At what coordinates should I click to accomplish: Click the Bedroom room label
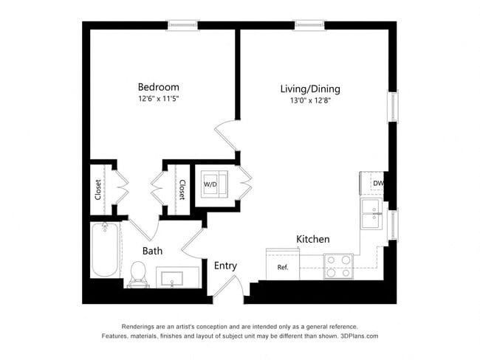click(x=159, y=87)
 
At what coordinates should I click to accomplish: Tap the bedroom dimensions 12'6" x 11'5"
click(x=159, y=98)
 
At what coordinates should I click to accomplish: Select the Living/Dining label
click(x=310, y=89)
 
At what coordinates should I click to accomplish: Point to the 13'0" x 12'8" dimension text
click(x=310, y=100)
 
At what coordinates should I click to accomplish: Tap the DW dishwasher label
click(x=378, y=184)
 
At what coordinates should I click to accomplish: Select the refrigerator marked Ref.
click(x=282, y=266)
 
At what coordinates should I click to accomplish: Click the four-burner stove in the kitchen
click(x=338, y=266)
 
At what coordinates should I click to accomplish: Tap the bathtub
click(x=104, y=252)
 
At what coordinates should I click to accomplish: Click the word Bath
click(x=153, y=251)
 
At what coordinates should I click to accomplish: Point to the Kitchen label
click(x=312, y=240)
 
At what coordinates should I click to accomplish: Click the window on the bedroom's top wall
click(x=182, y=25)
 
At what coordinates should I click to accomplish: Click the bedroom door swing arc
click(x=224, y=138)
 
